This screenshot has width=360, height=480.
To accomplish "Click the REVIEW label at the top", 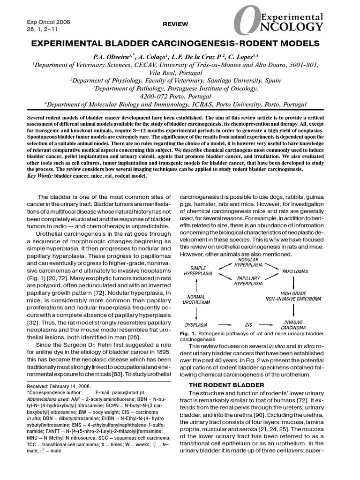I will point(175,24).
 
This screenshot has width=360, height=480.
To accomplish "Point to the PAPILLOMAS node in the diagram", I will point(294,271).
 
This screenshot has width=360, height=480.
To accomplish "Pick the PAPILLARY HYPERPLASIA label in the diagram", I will point(249,281).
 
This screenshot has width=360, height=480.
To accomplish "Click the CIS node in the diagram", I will point(249,324).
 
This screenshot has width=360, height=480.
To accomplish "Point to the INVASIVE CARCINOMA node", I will point(294,324).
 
